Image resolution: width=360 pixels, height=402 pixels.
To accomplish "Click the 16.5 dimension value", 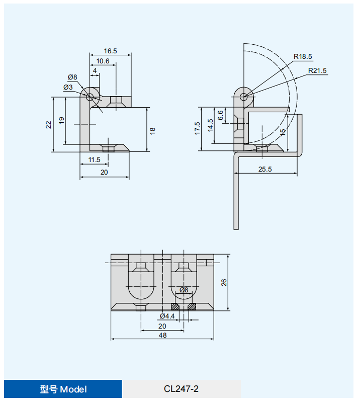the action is click(x=110, y=51).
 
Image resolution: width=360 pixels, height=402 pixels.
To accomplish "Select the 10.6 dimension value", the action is click(x=103, y=61).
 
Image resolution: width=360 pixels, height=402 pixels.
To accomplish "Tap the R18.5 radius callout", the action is click(x=303, y=56).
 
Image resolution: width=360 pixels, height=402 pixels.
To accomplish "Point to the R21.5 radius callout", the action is click(x=317, y=70).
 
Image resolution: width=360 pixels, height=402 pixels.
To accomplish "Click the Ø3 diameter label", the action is click(x=68, y=87).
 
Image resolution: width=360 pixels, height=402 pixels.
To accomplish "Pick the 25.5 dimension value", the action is click(x=265, y=169).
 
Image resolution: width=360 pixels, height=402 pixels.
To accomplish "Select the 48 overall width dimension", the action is click(x=162, y=335).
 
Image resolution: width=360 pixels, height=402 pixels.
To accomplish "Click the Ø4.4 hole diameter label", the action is click(x=167, y=316).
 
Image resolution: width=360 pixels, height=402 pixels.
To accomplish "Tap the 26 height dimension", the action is click(x=224, y=283).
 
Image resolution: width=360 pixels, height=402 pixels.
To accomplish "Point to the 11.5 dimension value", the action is click(x=95, y=159).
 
